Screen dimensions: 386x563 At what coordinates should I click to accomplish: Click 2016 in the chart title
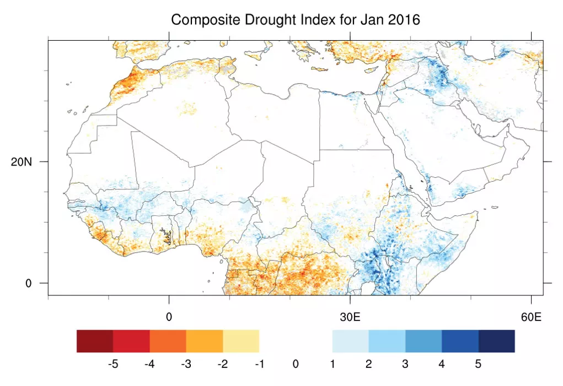coord(403,20)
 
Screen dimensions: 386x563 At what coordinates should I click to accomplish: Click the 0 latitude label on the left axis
coord(29,284)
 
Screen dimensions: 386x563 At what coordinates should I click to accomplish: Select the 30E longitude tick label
coord(350,318)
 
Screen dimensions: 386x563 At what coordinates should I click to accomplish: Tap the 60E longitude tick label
coord(531,318)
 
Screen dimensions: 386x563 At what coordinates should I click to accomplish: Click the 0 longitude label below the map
coord(169,318)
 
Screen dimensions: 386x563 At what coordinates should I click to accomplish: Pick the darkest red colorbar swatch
coord(95,341)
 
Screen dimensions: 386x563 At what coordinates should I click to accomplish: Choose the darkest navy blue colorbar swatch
coord(496,341)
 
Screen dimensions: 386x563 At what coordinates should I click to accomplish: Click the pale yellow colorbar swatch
coord(241,341)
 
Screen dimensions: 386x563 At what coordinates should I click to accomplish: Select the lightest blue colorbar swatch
coord(351,341)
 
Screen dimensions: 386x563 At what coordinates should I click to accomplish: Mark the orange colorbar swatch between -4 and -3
coord(168,341)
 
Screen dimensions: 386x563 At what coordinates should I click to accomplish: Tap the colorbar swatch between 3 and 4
coord(423,341)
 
